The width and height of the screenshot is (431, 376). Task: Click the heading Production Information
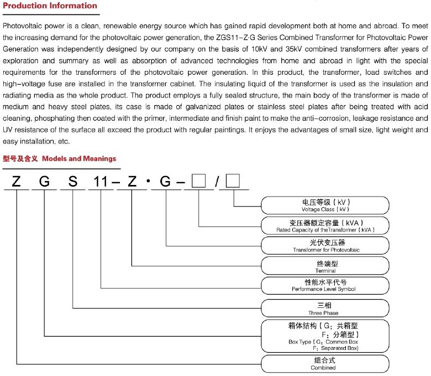pyautogui.click(x=50, y=6)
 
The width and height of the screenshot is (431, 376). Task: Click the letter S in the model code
pyautogui.click(x=72, y=181)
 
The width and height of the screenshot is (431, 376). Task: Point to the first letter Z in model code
pyautogui.click(x=16, y=181)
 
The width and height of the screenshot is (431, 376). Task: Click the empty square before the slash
pyautogui.click(x=199, y=181)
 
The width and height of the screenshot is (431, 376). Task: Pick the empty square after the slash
pyautogui.click(x=234, y=181)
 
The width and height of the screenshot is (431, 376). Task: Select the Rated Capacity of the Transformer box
pyautogui.click(x=325, y=225)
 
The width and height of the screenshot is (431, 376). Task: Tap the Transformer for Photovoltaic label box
pyautogui.click(x=325, y=246)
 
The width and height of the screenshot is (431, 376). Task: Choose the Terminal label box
pyautogui.click(x=325, y=266)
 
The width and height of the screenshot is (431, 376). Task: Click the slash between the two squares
pyautogui.click(x=217, y=181)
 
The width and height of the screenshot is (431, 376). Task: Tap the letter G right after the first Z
pyautogui.click(x=44, y=181)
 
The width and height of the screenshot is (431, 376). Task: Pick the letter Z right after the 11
pyautogui.click(x=132, y=181)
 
